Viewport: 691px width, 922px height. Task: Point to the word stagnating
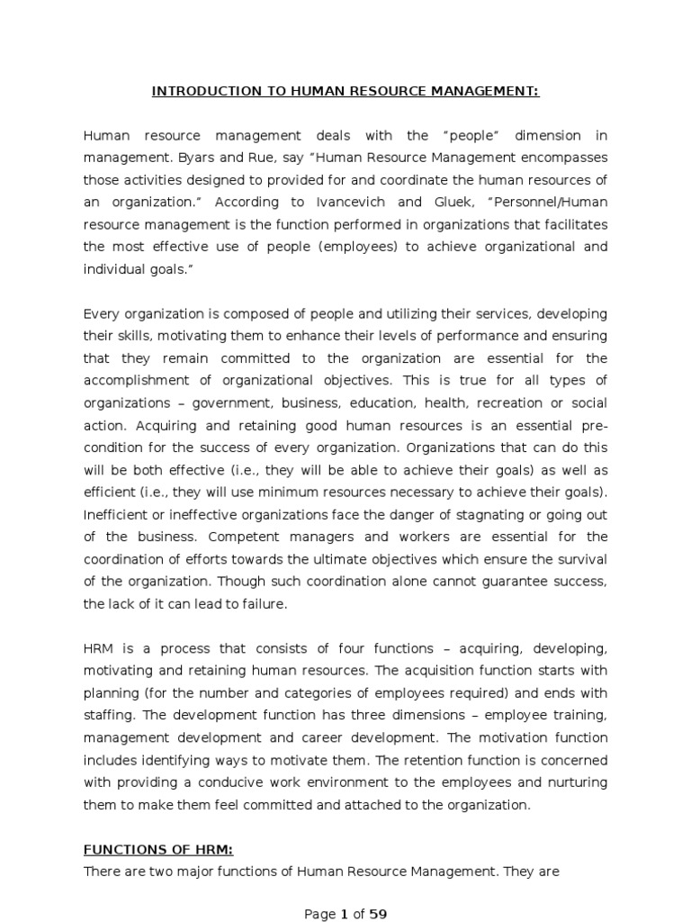pos(478,514)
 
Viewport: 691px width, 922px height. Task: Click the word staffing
pos(108,716)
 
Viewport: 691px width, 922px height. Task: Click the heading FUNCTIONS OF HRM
pos(158,848)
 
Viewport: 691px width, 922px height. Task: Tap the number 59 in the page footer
pos(378,914)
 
